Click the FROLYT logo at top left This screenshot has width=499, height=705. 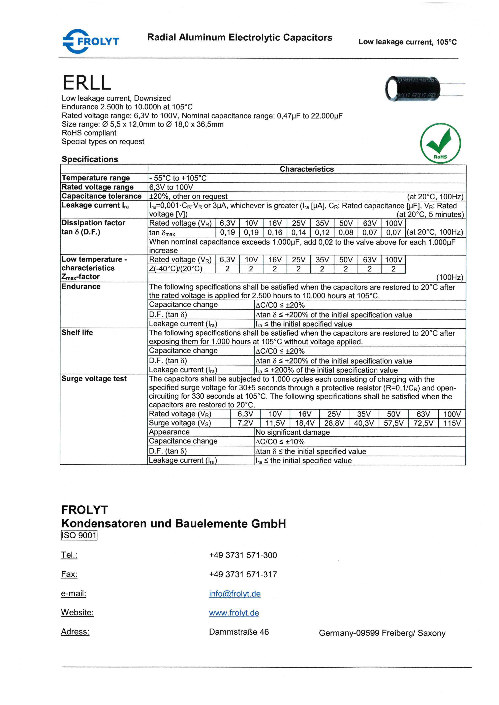[x=91, y=41]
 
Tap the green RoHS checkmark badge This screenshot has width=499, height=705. [x=440, y=143]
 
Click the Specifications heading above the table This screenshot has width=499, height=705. [x=90, y=159]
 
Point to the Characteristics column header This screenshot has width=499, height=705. [x=306, y=169]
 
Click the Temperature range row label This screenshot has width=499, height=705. [x=96, y=178]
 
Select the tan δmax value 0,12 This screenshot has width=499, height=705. [x=322, y=232]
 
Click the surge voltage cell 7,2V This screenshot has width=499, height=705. [x=245, y=423]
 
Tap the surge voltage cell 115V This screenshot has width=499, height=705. [x=452, y=423]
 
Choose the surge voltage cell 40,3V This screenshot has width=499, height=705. [x=364, y=423]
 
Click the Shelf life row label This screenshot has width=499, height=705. [x=77, y=333]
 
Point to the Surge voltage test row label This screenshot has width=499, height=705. [x=94, y=379]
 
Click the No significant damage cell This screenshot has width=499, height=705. [x=292, y=432]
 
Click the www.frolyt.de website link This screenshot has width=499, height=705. [x=234, y=613]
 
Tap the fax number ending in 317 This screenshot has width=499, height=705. [x=243, y=574]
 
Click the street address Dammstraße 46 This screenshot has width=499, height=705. [x=239, y=632]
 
